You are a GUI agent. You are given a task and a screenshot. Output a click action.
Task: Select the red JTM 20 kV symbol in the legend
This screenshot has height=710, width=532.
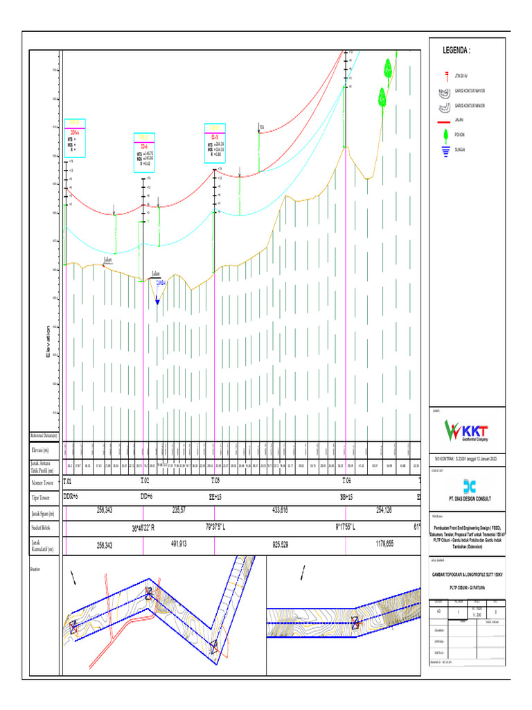[x=447, y=75]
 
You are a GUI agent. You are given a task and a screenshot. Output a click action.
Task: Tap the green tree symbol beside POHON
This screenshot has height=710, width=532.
[x=447, y=135]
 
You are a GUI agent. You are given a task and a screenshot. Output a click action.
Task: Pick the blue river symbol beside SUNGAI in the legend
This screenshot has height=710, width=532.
[x=447, y=149]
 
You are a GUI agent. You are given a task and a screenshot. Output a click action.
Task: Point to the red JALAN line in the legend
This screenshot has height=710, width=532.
[x=447, y=120]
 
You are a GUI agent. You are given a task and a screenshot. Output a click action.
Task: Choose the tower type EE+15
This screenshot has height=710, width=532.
[x=215, y=497]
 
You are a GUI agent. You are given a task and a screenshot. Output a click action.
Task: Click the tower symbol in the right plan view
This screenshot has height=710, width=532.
[x=355, y=624]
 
